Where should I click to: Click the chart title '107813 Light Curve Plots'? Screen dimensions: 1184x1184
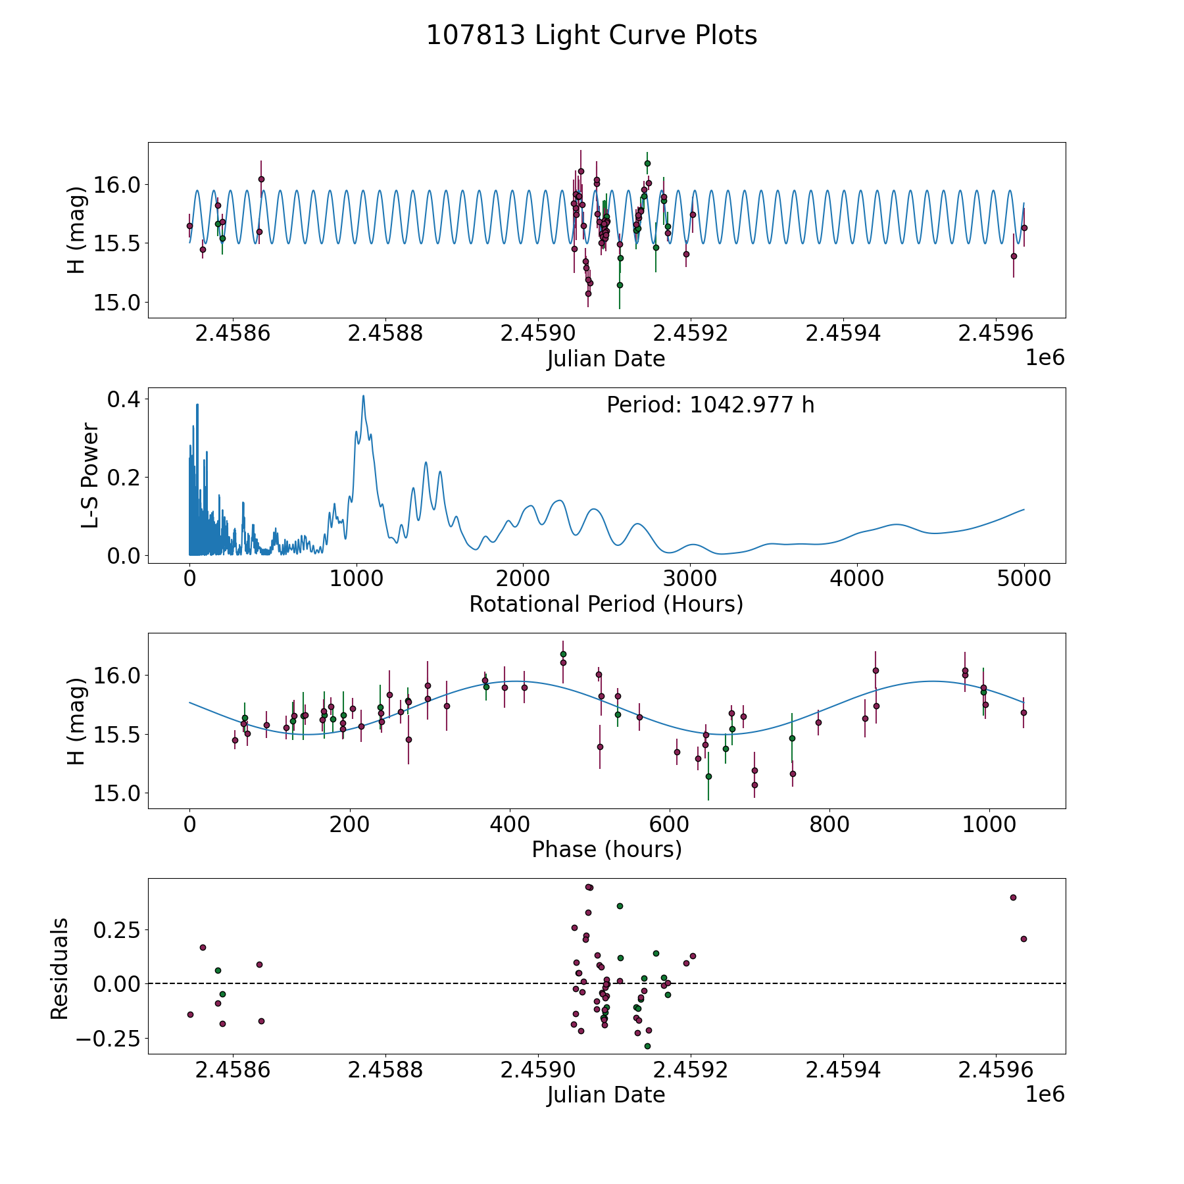pyautogui.click(x=591, y=36)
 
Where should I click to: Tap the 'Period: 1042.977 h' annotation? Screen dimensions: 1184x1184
pyautogui.click(x=710, y=405)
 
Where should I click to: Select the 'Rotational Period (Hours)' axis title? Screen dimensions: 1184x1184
pyautogui.click(x=606, y=604)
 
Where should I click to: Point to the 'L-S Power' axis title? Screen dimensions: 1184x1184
pyautogui.click(x=91, y=476)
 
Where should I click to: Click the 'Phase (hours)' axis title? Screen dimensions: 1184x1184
pyautogui.click(x=606, y=849)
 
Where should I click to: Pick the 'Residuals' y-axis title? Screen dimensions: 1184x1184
pyautogui.click(x=60, y=969)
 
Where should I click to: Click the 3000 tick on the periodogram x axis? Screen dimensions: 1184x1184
pyautogui.click(x=690, y=579)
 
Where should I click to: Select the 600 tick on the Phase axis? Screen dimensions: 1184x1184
pyautogui.click(x=670, y=824)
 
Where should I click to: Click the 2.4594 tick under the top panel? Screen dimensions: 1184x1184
pyautogui.click(x=843, y=333)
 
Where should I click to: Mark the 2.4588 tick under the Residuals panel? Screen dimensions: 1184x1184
pyautogui.click(x=385, y=1070)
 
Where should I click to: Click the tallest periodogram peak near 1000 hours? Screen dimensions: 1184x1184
pyautogui.click(x=363, y=396)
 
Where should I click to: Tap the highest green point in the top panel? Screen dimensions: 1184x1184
pyautogui.click(x=647, y=163)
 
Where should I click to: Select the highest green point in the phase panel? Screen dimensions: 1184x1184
pyautogui.click(x=563, y=654)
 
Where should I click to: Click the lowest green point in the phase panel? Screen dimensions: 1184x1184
pyautogui.click(x=708, y=776)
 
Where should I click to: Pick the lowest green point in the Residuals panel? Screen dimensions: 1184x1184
pyautogui.click(x=647, y=1046)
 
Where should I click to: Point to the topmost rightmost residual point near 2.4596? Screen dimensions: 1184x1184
pyautogui.click(x=1013, y=897)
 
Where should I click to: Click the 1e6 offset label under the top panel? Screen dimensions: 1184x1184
pyautogui.click(x=1045, y=358)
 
